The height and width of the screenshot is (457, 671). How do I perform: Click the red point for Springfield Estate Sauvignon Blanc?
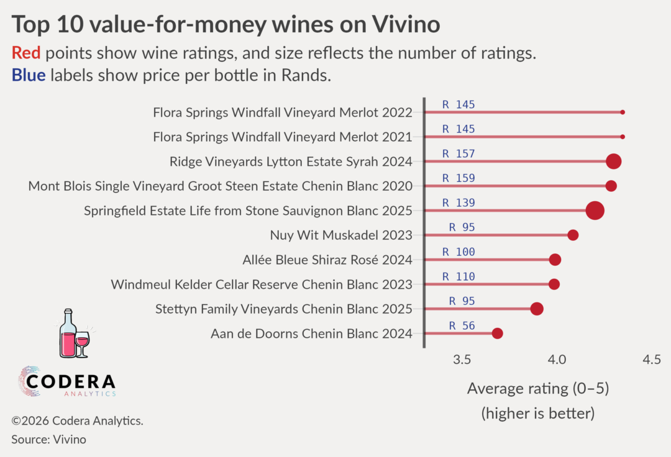595,210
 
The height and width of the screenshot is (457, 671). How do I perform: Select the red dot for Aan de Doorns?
497,333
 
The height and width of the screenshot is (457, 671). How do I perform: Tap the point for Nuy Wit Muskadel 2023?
573,235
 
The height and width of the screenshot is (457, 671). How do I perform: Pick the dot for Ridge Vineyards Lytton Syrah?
614,161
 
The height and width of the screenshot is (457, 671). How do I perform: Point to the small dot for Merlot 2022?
623,112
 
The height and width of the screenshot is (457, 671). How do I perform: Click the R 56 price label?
462,325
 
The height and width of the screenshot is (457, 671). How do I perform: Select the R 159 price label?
459,178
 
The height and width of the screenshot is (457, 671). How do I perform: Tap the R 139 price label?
459,203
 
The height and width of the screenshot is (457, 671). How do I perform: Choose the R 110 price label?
459,276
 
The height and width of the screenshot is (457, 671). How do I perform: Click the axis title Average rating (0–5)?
537,389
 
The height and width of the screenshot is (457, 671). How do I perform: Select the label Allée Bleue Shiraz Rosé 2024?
327,260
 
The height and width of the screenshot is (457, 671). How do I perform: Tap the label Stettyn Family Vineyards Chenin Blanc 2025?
284,309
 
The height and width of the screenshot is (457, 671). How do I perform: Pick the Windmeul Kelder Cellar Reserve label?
262,284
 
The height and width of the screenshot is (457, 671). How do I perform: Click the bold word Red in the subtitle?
25,53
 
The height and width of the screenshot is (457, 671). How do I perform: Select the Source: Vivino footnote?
48,440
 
